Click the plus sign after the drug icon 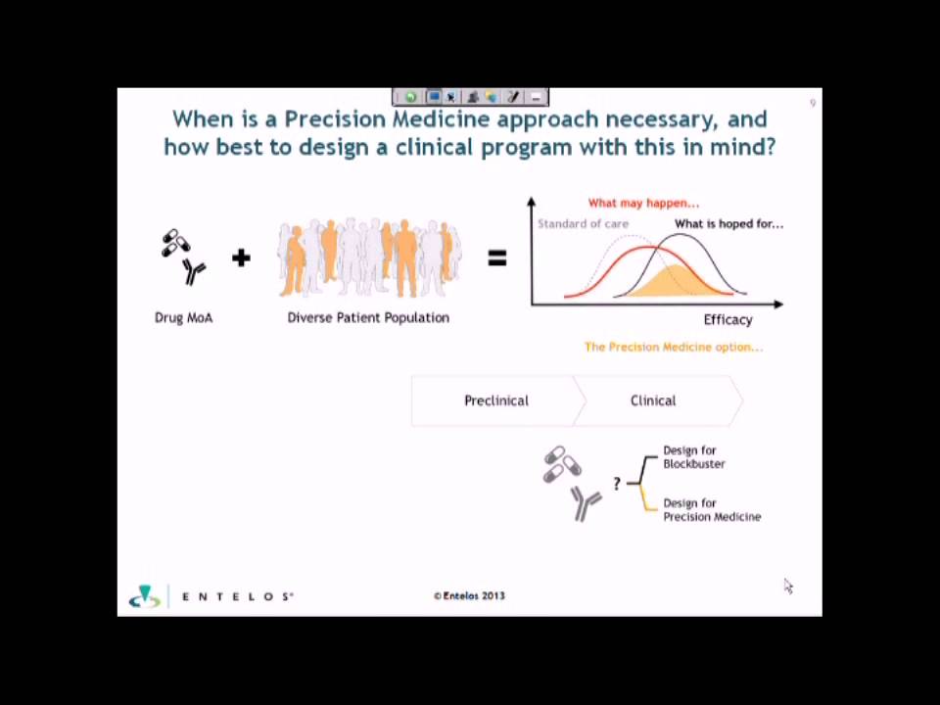tap(241, 258)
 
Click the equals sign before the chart tap(497, 258)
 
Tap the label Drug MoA tap(183, 317)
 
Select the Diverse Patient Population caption tap(368, 317)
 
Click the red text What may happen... tap(643, 203)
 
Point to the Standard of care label tap(583, 223)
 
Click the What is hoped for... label tap(728, 223)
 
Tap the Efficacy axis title tap(728, 319)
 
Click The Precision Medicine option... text tap(673, 347)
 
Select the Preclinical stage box tap(495, 400)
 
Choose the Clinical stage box tap(653, 400)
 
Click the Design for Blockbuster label tap(694, 457)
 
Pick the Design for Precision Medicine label tap(712, 510)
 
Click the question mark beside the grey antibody tap(617, 484)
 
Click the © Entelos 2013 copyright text tap(469, 595)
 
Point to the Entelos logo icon tap(145, 596)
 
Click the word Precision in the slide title tap(334, 119)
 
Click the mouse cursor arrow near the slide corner tap(788, 586)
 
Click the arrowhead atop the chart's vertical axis tap(531, 202)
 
